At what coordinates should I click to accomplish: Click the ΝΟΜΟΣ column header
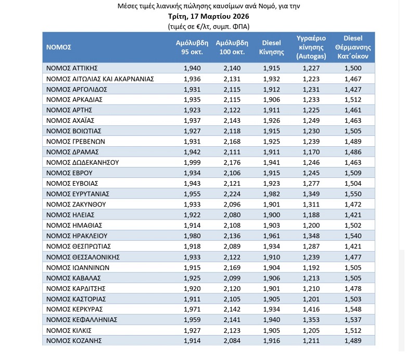point(58,47)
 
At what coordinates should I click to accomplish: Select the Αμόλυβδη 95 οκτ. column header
point(192,47)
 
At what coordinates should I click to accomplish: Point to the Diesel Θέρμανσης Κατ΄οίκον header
point(353,47)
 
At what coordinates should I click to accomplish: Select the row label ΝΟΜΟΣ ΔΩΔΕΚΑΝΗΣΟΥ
point(83,162)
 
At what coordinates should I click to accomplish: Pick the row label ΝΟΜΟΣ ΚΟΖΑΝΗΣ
point(73,341)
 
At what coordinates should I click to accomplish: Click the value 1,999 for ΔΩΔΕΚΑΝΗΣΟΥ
point(192,162)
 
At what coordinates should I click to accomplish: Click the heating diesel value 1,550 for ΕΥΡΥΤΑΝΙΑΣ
point(353,194)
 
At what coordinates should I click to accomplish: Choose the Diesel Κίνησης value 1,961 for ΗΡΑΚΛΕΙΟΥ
point(271,236)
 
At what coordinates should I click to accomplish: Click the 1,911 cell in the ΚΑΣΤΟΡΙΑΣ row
point(192,299)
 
